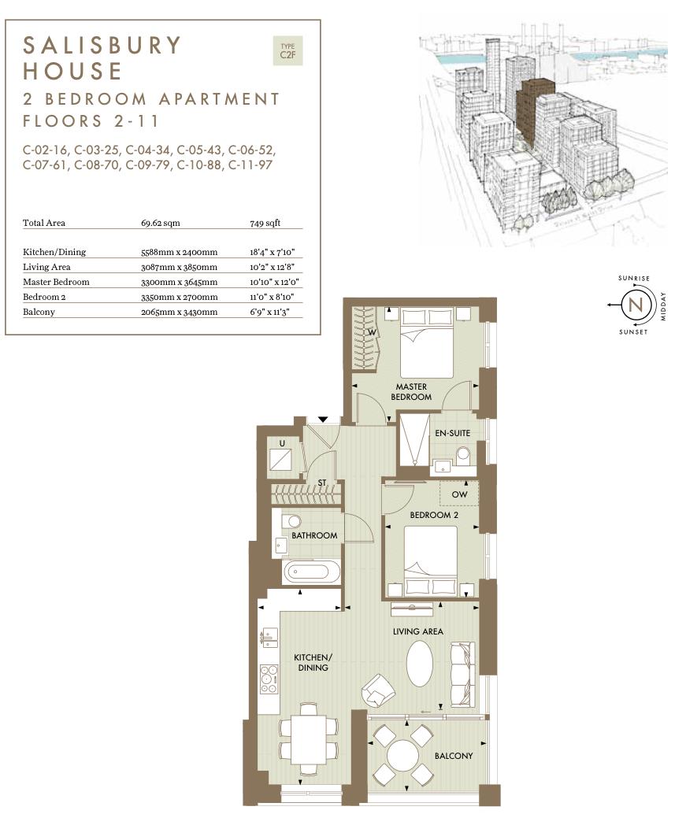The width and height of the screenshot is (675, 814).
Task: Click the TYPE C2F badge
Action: click(x=287, y=50)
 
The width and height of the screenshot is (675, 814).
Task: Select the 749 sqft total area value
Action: click(x=265, y=223)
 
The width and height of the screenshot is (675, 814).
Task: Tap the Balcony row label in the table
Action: click(x=39, y=312)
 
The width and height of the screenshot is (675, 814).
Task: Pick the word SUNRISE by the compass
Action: click(x=634, y=278)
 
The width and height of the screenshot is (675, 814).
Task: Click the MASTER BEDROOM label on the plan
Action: click(x=411, y=392)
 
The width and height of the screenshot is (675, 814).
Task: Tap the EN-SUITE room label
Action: click(x=452, y=434)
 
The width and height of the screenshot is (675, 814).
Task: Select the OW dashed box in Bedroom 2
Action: click(x=459, y=494)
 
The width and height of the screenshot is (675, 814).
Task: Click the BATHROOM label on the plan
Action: click(x=314, y=535)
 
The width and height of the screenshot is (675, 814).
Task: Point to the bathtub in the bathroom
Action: click(x=312, y=572)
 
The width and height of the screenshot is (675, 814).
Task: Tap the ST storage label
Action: click(x=321, y=483)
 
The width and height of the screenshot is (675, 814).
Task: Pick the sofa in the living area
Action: click(x=462, y=674)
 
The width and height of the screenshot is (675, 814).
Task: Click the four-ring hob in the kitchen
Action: click(x=269, y=678)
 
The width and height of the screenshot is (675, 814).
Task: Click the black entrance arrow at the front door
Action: click(x=323, y=420)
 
